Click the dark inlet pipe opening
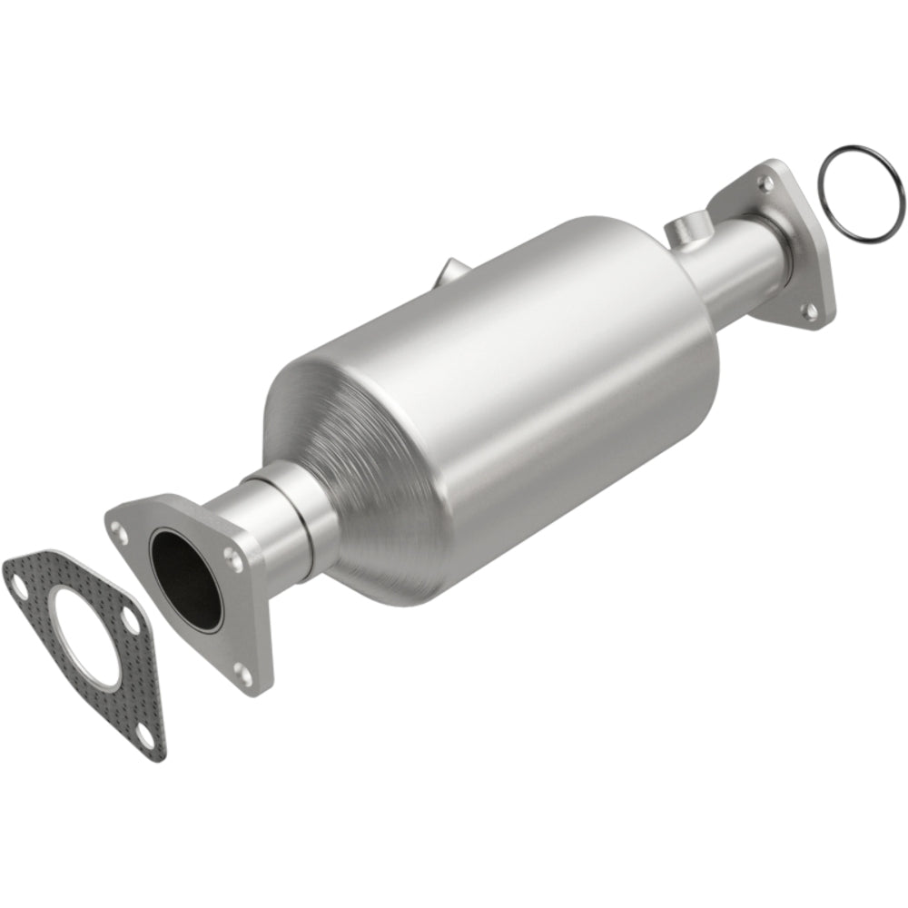185,577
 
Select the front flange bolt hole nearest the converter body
233,556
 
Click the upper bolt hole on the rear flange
765,183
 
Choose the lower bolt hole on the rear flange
807,312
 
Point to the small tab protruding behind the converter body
451,271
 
